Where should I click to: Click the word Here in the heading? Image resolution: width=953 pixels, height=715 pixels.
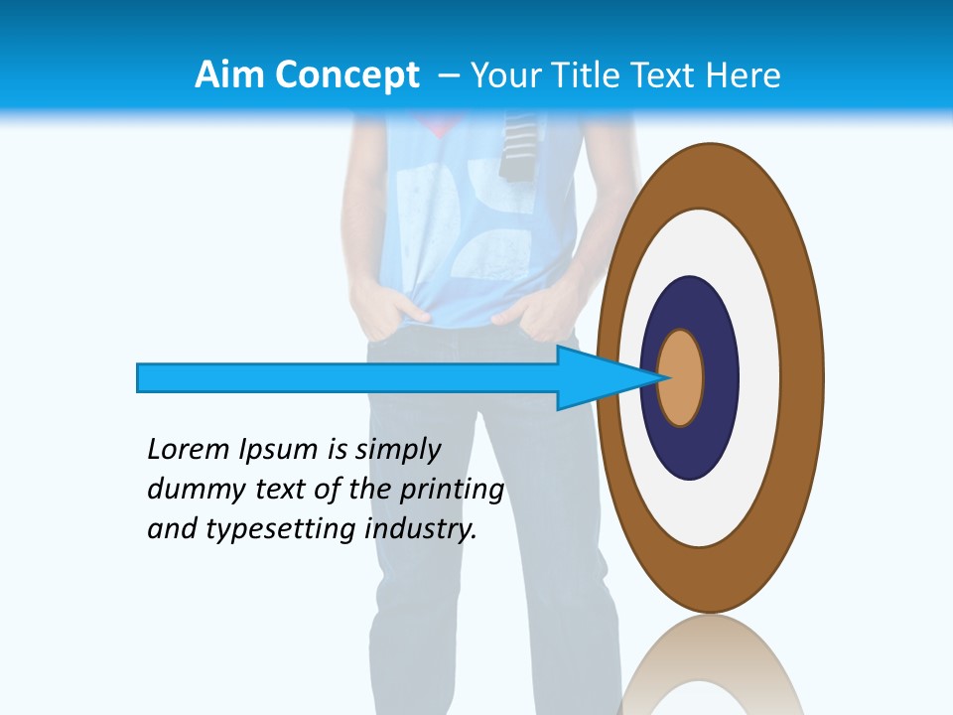click(745, 75)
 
